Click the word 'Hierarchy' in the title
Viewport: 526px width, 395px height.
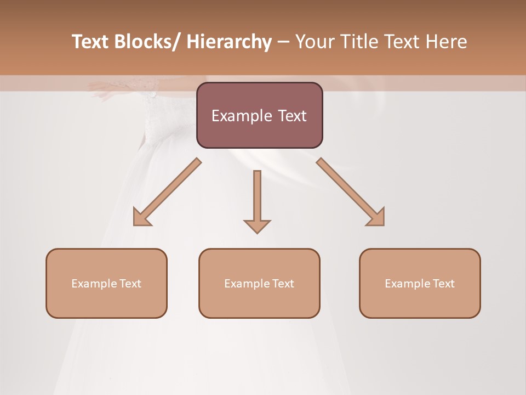tap(229, 42)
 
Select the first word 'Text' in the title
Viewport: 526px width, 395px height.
tap(92, 42)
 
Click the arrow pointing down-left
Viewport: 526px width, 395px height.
tap(168, 192)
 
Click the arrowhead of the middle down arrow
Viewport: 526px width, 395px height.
tap(257, 225)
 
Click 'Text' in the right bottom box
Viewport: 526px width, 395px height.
tap(443, 284)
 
